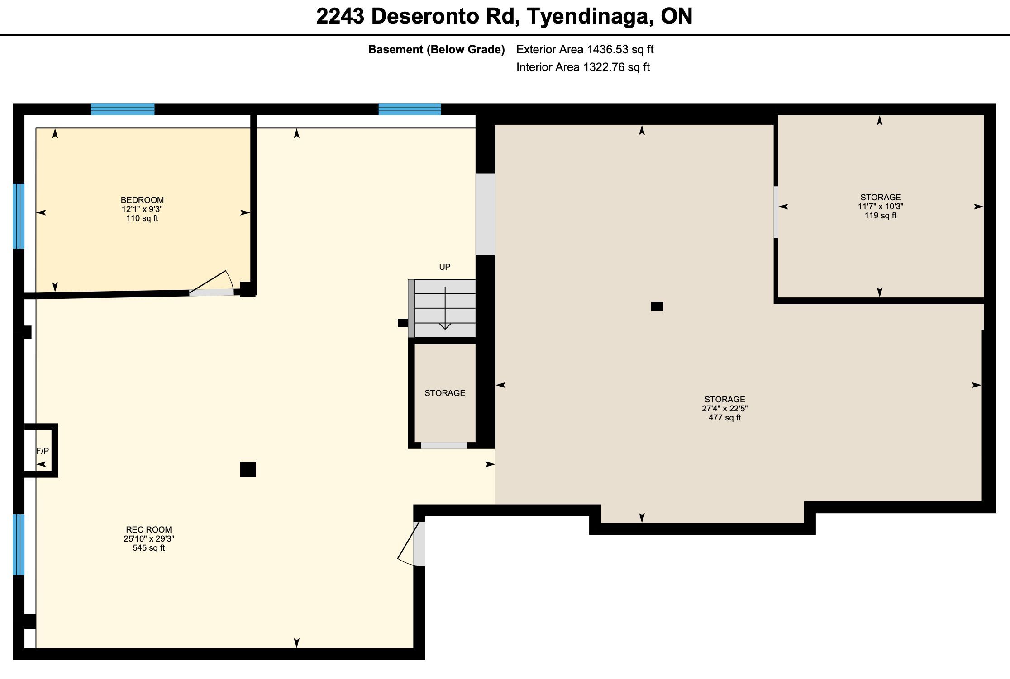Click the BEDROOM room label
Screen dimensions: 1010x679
tap(142, 200)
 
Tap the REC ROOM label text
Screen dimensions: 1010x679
tap(149, 529)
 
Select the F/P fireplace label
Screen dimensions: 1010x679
tap(43, 451)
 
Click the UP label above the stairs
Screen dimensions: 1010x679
tap(445, 267)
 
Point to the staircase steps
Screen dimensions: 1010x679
tap(445, 308)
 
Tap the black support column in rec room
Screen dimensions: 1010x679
tap(248, 470)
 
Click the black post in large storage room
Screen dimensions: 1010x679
tap(657, 306)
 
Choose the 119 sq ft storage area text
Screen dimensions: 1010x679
tap(881, 216)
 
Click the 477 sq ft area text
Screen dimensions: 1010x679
tap(724, 418)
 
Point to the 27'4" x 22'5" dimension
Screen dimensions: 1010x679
tap(724, 408)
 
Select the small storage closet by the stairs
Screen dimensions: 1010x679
tap(445, 393)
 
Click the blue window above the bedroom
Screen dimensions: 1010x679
tap(123, 109)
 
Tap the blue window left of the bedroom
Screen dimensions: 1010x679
tap(19, 216)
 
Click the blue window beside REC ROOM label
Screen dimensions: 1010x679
tap(19, 544)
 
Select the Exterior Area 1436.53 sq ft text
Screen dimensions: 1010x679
tap(585, 49)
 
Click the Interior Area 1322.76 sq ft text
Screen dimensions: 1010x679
tap(583, 67)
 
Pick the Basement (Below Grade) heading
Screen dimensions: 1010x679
tap(436, 49)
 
